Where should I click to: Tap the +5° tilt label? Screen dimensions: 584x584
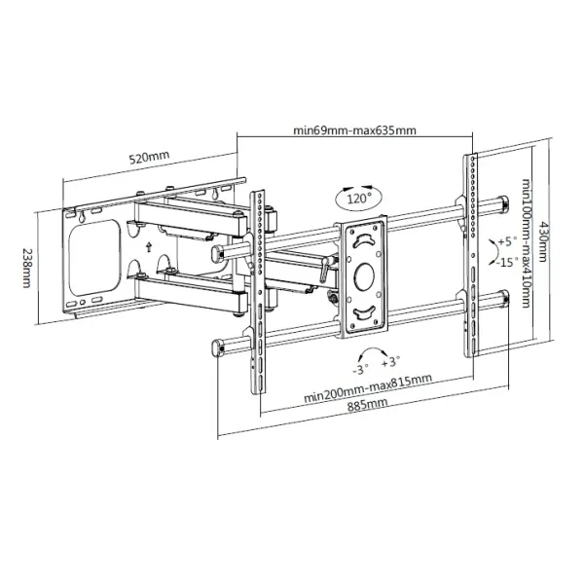(506, 240)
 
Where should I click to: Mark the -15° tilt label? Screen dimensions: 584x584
(504, 262)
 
